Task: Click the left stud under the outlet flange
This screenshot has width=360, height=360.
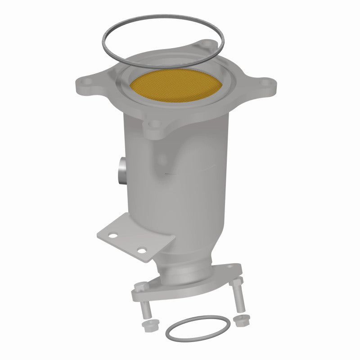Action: click(x=145, y=310)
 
